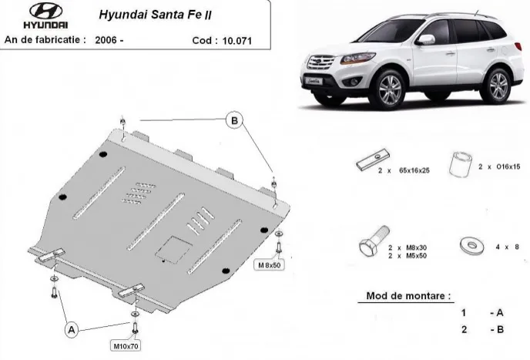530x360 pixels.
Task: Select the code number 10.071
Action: tap(236, 39)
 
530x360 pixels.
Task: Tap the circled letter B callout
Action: tap(234, 119)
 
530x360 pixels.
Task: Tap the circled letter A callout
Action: tap(72, 329)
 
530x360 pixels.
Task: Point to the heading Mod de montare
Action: tap(409, 295)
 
